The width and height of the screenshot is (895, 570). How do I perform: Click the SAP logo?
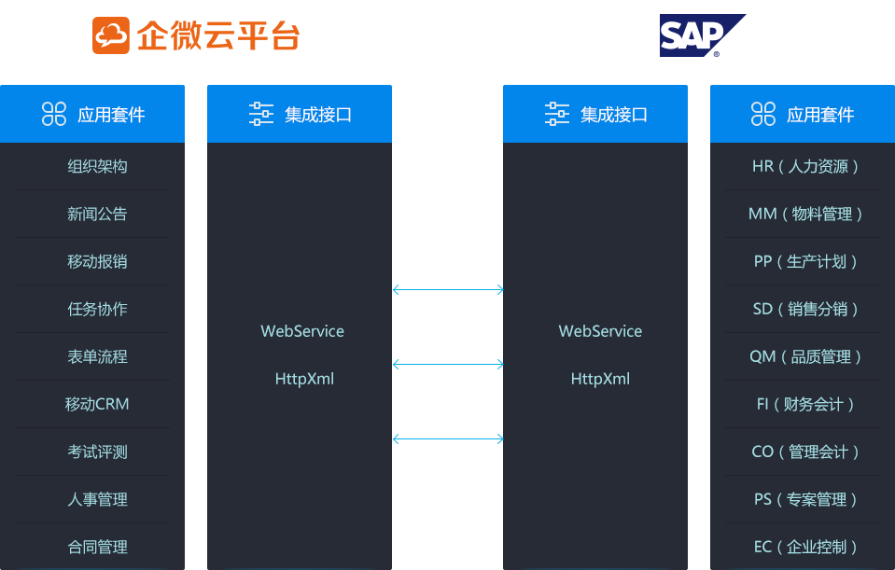point(702,36)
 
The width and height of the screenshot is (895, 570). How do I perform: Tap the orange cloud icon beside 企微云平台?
point(110,35)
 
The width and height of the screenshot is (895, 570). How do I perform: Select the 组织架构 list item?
point(97,167)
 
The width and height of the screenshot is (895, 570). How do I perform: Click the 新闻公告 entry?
point(97,215)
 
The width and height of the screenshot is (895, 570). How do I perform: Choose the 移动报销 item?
point(97,262)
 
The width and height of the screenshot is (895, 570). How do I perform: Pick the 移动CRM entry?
point(97,405)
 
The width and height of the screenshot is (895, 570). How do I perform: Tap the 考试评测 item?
point(97,452)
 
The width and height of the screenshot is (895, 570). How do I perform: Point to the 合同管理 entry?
point(97,548)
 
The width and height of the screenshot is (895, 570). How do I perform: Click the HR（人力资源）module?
point(804,167)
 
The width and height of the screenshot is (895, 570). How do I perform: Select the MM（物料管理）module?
point(804,215)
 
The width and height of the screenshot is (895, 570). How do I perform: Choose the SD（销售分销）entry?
point(804,310)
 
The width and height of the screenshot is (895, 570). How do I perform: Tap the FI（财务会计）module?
point(804,405)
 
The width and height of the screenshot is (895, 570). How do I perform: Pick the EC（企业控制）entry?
point(804,548)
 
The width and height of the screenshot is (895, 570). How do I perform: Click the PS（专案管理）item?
point(804,500)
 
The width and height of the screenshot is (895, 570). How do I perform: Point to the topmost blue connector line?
point(448,290)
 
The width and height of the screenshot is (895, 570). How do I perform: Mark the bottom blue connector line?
point(448,438)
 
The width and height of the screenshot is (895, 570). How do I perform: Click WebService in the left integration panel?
point(302,331)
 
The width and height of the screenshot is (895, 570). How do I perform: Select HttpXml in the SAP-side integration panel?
point(600,379)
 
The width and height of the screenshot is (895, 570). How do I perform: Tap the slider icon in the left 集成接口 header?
point(261,115)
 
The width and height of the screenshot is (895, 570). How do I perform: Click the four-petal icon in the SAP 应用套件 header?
point(763,115)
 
